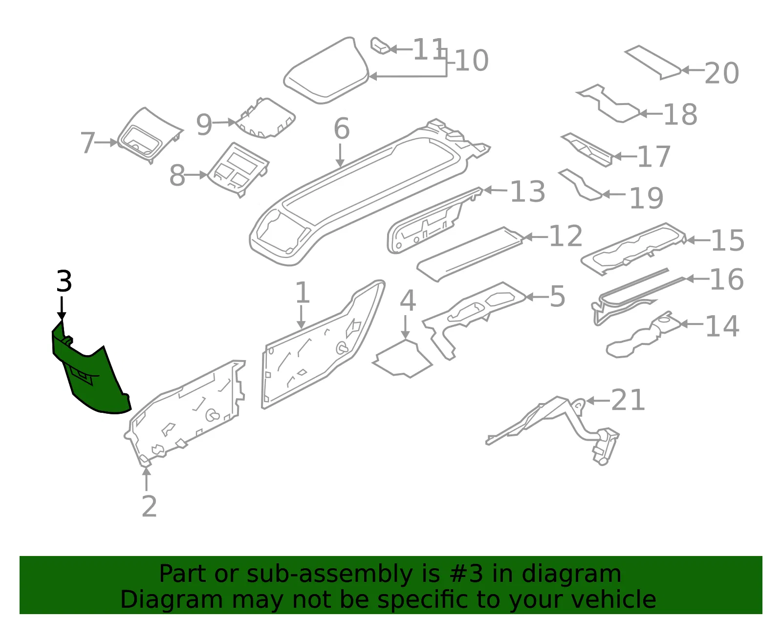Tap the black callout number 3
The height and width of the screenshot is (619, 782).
click(65, 281)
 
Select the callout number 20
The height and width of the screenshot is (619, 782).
click(722, 73)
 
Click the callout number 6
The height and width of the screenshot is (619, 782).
click(342, 128)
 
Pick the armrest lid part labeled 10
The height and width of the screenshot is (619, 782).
click(326, 70)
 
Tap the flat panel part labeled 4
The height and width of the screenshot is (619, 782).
click(402, 359)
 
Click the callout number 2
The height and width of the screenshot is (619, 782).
click(150, 506)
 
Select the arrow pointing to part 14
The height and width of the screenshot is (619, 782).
click(692, 323)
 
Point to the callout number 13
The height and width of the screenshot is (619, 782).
click(528, 191)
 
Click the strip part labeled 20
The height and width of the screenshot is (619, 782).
click(653, 62)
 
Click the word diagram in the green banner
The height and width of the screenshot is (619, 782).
click(571, 575)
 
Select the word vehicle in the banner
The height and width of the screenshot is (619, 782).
click(614, 599)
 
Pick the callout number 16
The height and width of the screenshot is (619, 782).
click(727, 279)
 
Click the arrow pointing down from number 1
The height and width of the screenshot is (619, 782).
click(301, 317)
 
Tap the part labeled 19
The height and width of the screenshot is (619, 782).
click(580, 185)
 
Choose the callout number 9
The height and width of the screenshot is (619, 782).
click(204, 125)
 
